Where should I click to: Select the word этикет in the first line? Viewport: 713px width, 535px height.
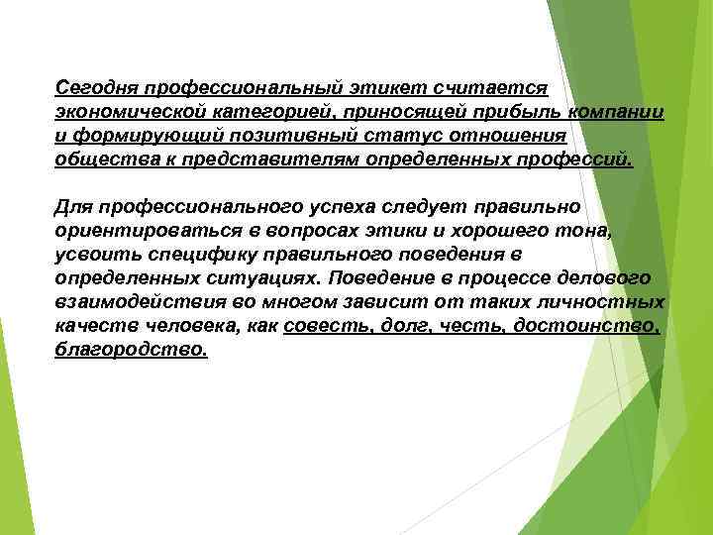pyautogui.click(x=368, y=87)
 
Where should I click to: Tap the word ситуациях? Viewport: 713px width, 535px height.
pyautogui.click(x=272, y=278)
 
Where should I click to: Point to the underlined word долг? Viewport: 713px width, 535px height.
pyautogui.click(x=406, y=327)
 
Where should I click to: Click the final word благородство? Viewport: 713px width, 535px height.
pyautogui.click(x=132, y=351)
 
